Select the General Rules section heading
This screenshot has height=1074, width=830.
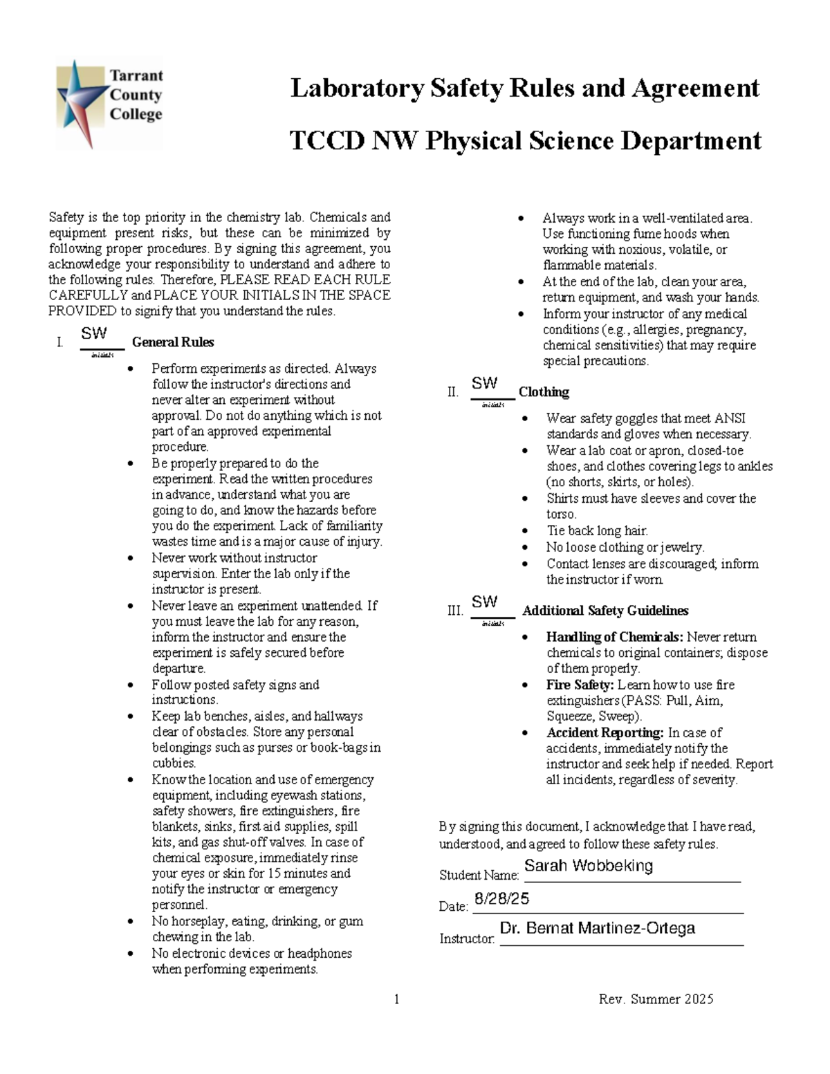pyautogui.click(x=173, y=342)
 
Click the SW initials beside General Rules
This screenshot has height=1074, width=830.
pyautogui.click(x=94, y=333)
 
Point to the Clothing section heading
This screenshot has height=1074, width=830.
pyautogui.click(x=544, y=392)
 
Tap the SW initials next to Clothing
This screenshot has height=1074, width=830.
pyautogui.click(x=485, y=383)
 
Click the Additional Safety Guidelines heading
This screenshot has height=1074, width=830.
pyautogui.click(x=605, y=611)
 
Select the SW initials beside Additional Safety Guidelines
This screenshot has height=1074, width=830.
pyautogui.click(x=485, y=602)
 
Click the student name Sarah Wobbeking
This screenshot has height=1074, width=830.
pyautogui.click(x=589, y=866)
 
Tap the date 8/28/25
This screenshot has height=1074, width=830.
pyautogui.click(x=501, y=898)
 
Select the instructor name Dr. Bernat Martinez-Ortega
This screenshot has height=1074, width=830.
pyautogui.click(x=597, y=928)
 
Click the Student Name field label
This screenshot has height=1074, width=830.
pyautogui.click(x=479, y=876)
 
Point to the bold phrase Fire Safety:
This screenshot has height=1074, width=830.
pyautogui.click(x=580, y=685)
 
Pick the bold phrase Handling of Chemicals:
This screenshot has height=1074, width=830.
pyautogui.click(x=614, y=637)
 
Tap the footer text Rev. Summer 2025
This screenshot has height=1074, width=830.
pyautogui.click(x=656, y=999)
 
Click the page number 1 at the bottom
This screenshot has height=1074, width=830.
pyautogui.click(x=397, y=999)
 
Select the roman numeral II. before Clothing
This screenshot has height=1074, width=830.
pyautogui.click(x=453, y=393)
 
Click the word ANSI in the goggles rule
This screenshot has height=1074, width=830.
pyautogui.click(x=730, y=418)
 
